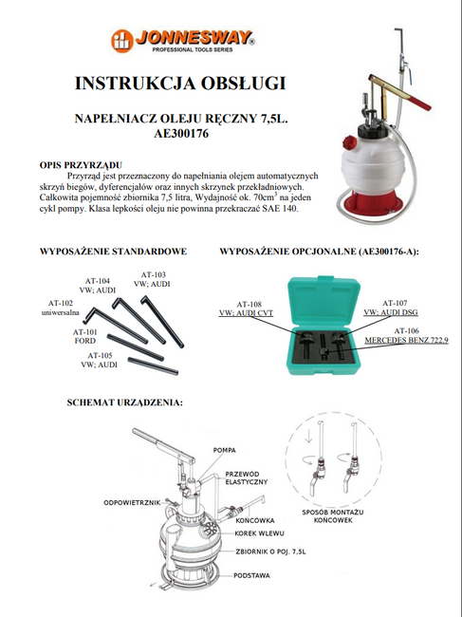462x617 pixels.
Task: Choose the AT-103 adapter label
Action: (152, 278)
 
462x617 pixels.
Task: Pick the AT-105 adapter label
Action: (98, 360)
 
